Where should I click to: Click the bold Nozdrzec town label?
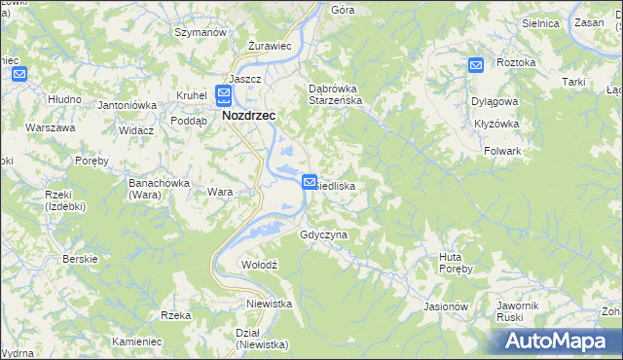pyautogui.click(x=248, y=115)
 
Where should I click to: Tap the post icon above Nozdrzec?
pyautogui.click(x=224, y=94)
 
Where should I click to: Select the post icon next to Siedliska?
pyautogui.click(x=310, y=181)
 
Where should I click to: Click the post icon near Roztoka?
pyautogui.click(x=476, y=65)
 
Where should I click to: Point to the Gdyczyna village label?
pyautogui.click(x=324, y=235)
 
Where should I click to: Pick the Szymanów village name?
pyautogui.click(x=200, y=32)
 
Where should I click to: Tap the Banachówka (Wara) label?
pyautogui.click(x=158, y=188)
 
